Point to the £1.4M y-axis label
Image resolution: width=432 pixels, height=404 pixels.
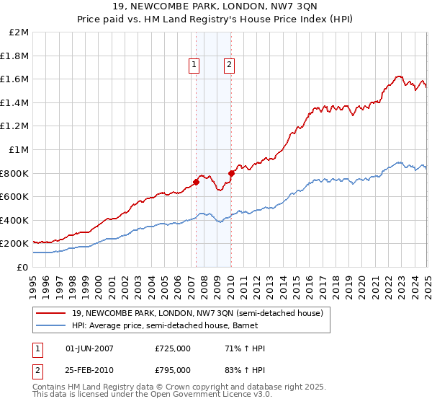pyautogui.click(x=16, y=102)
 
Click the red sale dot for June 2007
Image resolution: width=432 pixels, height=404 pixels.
pyautogui.click(x=196, y=182)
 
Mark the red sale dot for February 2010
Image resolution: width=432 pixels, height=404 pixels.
pyautogui.click(x=231, y=173)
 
